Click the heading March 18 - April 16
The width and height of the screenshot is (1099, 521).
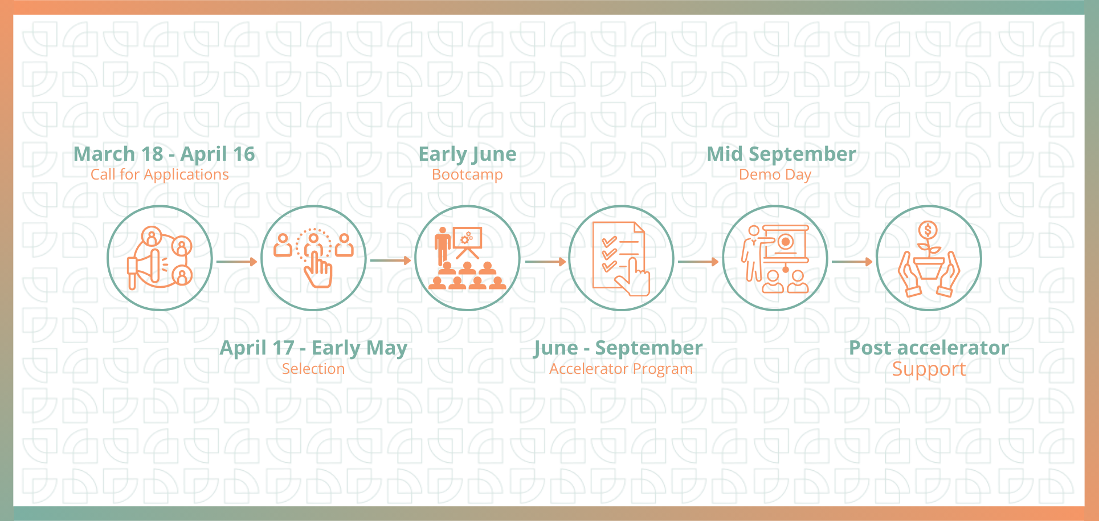pyautogui.click(x=164, y=154)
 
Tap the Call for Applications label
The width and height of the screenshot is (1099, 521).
pyautogui.click(x=160, y=174)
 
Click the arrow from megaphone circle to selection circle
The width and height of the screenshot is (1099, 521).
pyautogui.click(x=237, y=262)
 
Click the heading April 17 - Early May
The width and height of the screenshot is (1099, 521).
pyautogui.click(x=313, y=348)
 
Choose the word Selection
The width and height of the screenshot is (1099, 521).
pyautogui.click(x=313, y=369)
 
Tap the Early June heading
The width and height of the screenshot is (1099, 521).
pyautogui.click(x=467, y=154)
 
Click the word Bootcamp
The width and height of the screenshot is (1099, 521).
pyautogui.click(x=467, y=174)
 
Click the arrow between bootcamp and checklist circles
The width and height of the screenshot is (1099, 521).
pyautogui.click(x=545, y=262)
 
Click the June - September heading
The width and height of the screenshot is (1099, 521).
pyautogui.click(x=618, y=348)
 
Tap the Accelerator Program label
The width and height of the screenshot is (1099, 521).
pyautogui.click(x=621, y=369)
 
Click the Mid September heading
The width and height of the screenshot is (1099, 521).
pyautogui.click(x=781, y=154)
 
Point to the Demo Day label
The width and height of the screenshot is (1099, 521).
pyautogui.click(x=775, y=174)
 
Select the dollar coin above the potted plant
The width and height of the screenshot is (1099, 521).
pyautogui.click(x=928, y=231)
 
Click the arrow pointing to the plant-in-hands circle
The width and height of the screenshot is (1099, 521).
pyautogui.click(x=852, y=262)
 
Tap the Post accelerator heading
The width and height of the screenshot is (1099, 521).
pyautogui.click(x=929, y=348)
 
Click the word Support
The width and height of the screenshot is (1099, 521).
pyautogui.click(x=929, y=369)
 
